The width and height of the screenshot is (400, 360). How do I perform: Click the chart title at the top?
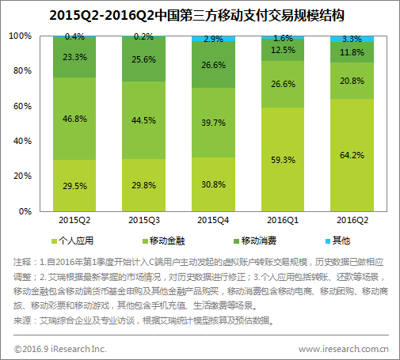click(200, 15)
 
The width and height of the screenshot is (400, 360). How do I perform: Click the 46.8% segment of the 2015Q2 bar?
click(76, 118)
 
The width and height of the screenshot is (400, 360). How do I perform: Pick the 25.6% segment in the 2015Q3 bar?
click(144, 59)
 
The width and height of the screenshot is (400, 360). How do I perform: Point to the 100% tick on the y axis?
click(21, 36)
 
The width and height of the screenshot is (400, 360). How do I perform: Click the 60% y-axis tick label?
click(23, 106)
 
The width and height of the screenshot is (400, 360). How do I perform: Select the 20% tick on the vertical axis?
click(23, 176)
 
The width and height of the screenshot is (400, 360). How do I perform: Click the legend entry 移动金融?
click(164, 240)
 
